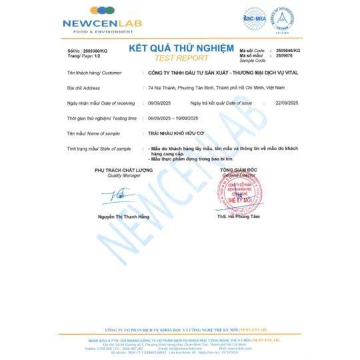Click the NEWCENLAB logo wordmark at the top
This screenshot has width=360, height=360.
click(103, 24)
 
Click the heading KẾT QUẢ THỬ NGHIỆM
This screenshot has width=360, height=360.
click(181, 49)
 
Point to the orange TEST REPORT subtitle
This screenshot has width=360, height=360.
click(181, 58)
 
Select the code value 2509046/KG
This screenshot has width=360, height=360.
click(288, 50)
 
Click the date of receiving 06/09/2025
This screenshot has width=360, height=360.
click(160, 103)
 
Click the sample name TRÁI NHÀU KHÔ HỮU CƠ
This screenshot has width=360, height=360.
click(174, 133)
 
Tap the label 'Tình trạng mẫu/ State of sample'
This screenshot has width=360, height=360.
click(99, 149)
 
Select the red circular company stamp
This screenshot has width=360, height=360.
click(236, 193)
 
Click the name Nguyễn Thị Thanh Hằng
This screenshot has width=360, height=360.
click(123, 217)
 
